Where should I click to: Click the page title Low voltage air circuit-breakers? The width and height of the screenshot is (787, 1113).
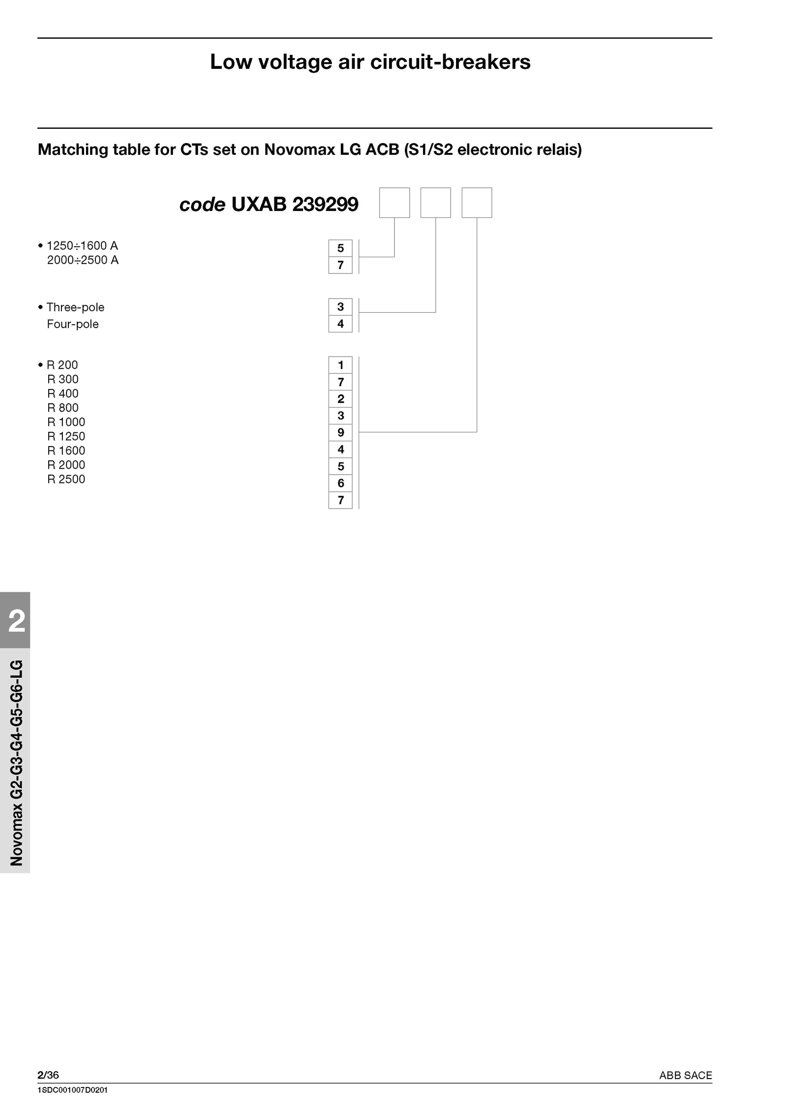click(370, 62)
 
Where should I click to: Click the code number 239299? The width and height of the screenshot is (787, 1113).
click(325, 204)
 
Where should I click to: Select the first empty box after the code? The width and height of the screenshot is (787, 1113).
click(394, 203)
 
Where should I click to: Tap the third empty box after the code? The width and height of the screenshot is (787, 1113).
click(477, 203)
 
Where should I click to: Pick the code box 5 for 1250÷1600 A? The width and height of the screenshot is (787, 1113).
click(340, 248)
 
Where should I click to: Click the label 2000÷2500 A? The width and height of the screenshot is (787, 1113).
click(83, 260)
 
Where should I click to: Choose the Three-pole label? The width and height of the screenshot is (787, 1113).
click(75, 307)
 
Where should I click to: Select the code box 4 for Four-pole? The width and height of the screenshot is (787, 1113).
click(340, 324)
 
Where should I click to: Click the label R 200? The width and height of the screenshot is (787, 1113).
click(62, 365)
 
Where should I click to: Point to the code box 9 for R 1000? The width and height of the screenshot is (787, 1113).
click(340, 433)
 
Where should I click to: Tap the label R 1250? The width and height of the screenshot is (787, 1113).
click(66, 436)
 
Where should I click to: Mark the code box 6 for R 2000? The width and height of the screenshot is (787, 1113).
click(340, 483)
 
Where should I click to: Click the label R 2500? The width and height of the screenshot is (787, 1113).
click(66, 479)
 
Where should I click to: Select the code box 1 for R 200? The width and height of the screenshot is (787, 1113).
click(340, 365)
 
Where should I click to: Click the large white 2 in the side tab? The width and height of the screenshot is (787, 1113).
click(17, 621)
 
